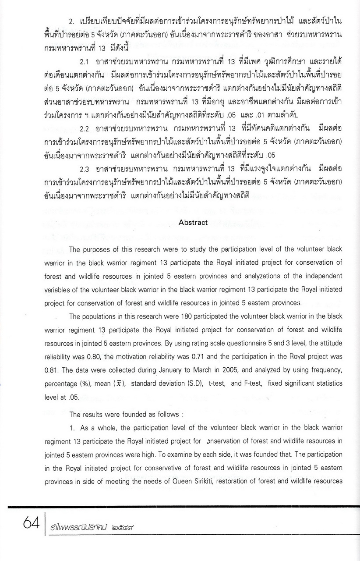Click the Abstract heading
[193, 223]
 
